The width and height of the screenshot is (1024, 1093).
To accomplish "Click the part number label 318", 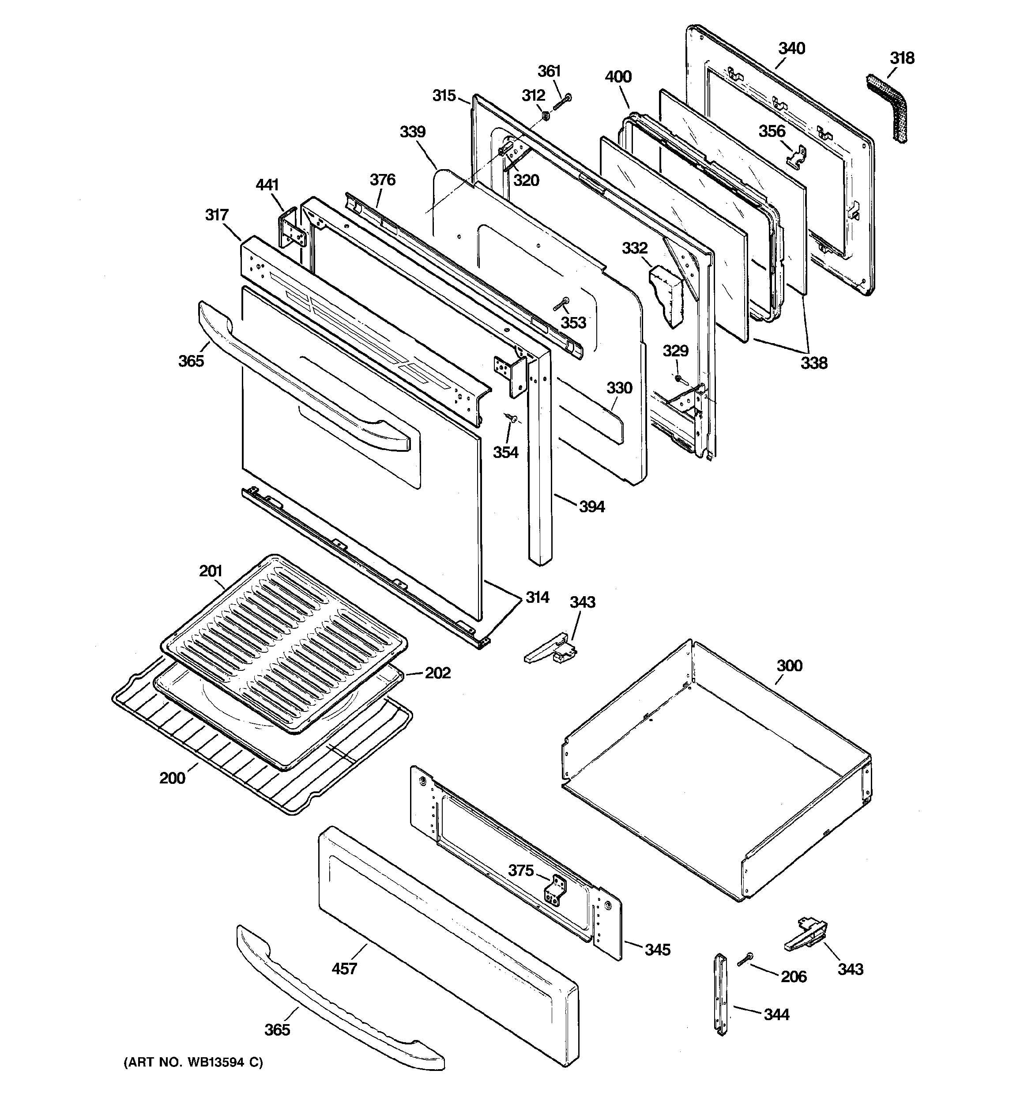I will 902,58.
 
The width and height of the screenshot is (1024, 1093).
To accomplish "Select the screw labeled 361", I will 561,103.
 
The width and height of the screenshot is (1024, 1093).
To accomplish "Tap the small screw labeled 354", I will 514,419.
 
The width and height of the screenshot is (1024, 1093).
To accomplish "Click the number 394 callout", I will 591,507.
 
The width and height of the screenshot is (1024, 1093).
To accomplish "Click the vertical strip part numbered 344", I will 721,994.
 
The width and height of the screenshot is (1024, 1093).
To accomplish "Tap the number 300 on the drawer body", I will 789,666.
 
